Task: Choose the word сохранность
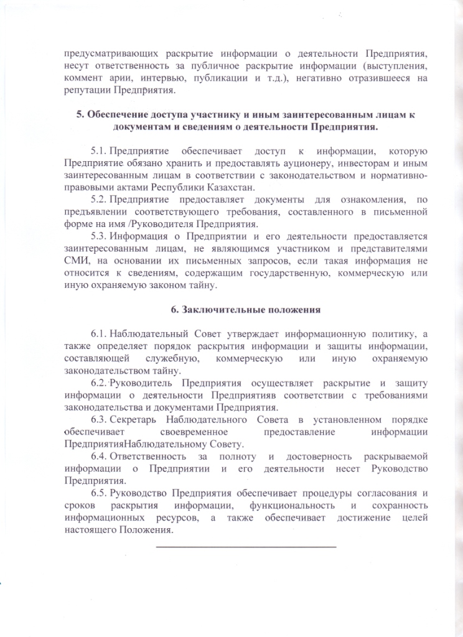pos(396,505)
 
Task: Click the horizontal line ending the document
pos(245,547)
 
